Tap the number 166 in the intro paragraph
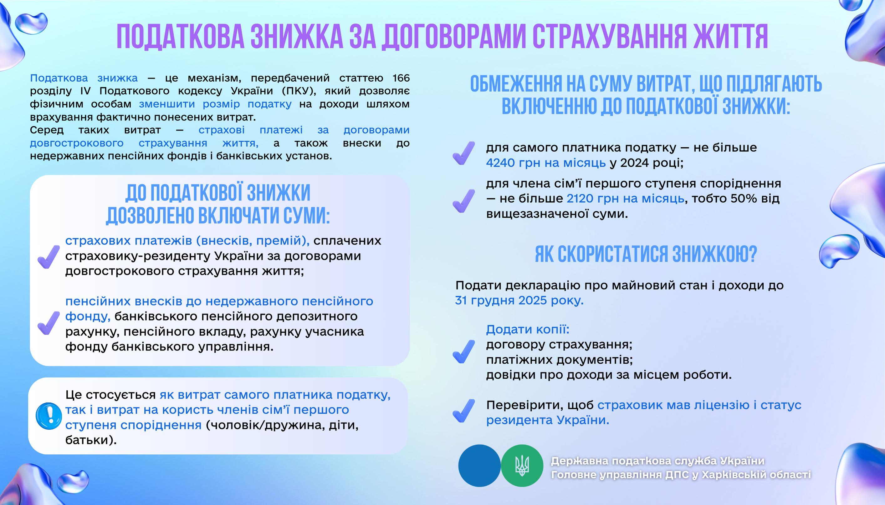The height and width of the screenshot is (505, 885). tap(401, 78)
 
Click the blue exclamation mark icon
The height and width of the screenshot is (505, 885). tap(49, 416)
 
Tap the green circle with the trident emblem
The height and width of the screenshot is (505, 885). tap(522, 466)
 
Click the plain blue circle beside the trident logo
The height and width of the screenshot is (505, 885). tap(479, 466)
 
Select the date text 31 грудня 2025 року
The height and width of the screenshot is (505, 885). tap(519, 300)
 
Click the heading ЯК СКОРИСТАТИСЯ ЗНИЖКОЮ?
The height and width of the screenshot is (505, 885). tap(646, 254)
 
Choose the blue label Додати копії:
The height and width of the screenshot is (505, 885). tap(528, 329)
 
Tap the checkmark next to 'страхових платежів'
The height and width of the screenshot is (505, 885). tap(48, 257)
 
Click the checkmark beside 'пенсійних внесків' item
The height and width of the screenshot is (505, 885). tap(48, 323)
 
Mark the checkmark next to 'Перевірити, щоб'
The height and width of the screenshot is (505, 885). tap(463, 411)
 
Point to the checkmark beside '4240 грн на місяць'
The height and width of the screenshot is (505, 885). tap(463, 153)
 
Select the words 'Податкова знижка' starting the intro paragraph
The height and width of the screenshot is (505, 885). tap(84, 78)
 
